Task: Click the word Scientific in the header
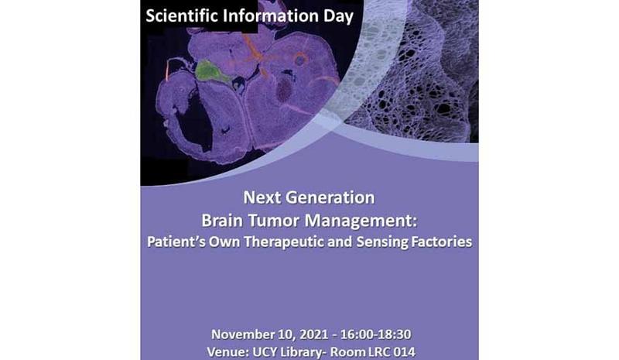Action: click(x=182, y=16)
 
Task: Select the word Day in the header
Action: click(x=338, y=17)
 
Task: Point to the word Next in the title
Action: click(x=262, y=197)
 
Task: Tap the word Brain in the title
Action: click(x=222, y=221)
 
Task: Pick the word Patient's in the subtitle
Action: click(x=176, y=242)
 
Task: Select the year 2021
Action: click(x=314, y=334)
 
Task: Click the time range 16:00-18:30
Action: click(x=375, y=334)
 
